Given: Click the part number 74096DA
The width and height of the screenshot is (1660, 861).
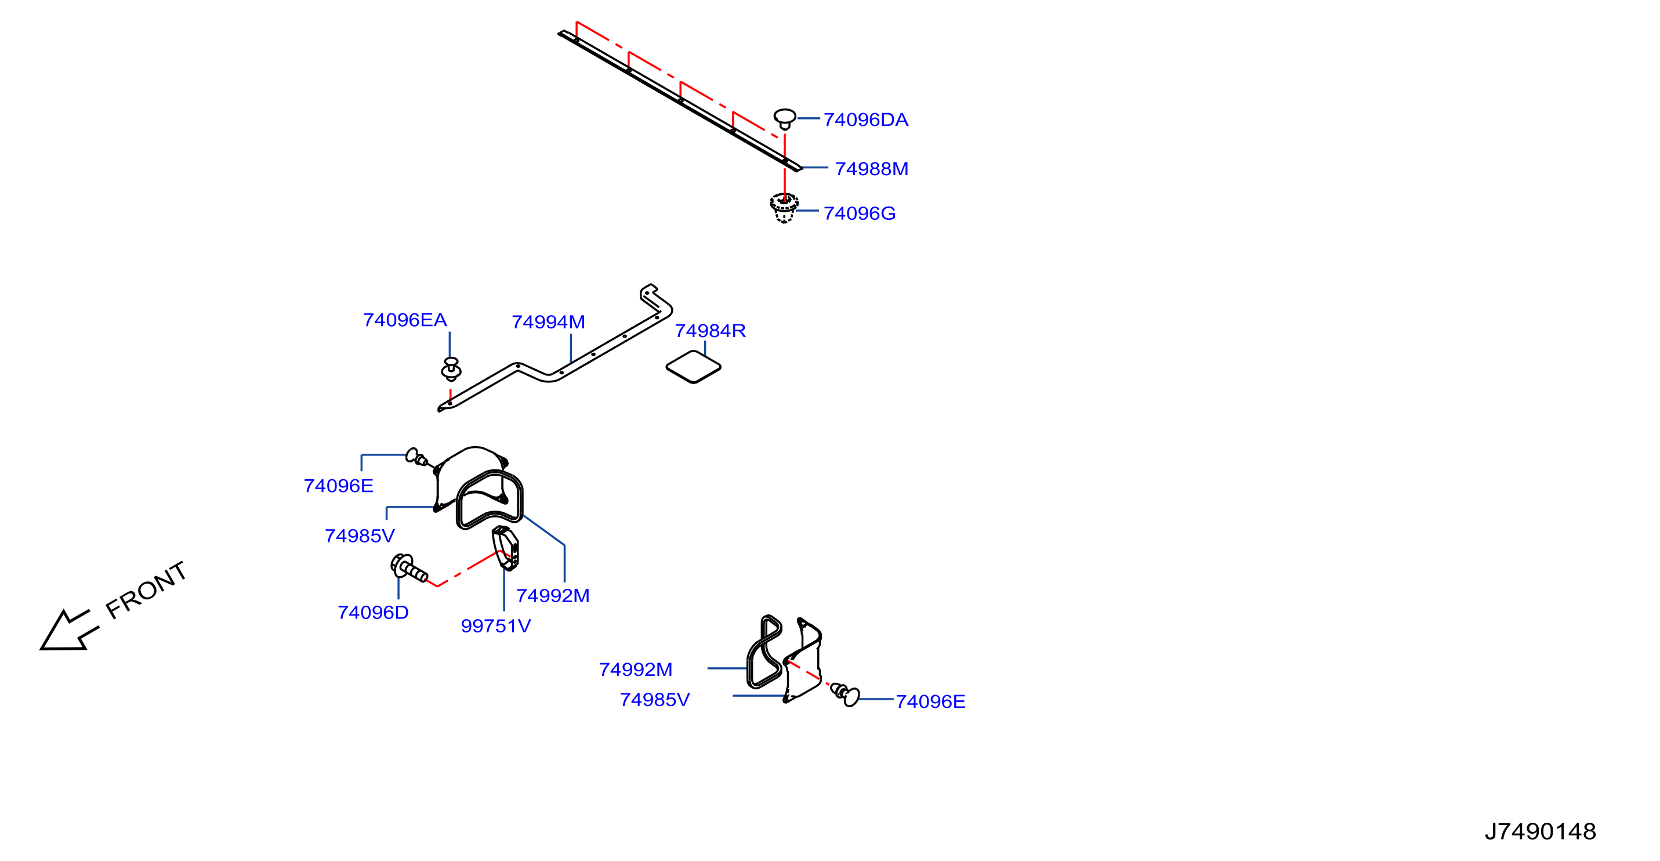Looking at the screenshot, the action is (x=865, y=120).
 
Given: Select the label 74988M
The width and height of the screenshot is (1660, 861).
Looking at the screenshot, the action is (x=871, y=169).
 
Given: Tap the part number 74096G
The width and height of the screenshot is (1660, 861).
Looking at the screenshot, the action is (x=860, y=214).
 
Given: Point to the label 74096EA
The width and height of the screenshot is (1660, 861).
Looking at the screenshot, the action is (x=405, y=320).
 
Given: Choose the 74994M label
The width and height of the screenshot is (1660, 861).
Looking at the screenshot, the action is (x=548, y=321).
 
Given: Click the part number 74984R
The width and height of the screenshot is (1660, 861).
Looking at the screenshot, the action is (x=710, y=331).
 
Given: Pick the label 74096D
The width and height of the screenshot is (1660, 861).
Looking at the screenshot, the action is (x=373, y=612).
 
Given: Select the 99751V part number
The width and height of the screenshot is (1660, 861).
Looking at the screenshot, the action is (x=495, y=626).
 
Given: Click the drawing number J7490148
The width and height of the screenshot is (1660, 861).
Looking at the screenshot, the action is (x=1540, y=831).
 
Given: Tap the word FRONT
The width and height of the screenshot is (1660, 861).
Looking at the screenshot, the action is (x=146, y=589).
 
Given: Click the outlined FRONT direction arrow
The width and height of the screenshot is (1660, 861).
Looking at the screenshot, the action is (x=68, y=630).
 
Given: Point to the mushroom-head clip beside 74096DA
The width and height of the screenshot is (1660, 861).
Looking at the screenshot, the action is (x=785, y=119).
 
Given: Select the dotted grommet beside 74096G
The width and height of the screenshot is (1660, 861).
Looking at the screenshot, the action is (x=784, y=208).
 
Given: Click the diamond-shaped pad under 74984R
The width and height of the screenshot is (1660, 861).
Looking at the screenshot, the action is (x=693, y=367).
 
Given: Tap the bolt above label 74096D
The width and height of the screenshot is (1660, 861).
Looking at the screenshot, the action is (x=408, y=568).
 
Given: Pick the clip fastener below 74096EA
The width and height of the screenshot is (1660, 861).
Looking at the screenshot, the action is (x=451, y=368).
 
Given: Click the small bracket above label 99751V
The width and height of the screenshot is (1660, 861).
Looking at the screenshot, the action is (x=506, y=548).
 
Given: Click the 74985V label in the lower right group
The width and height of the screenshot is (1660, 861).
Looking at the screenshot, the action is (x=655, y=700).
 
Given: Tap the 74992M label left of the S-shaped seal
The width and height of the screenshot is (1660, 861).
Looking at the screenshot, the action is (x=635, y=670).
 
